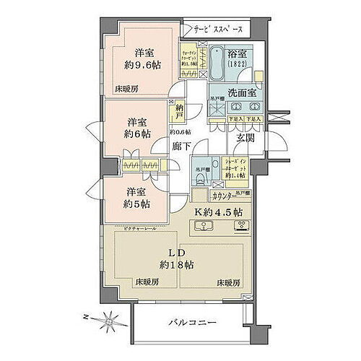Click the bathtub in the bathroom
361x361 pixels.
pyautogui.click(x=214, y=64)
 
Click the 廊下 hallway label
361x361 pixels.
pyautogui.click(x=182, y=145)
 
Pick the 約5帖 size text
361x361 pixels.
pyautogui.click(x=136, y=205)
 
